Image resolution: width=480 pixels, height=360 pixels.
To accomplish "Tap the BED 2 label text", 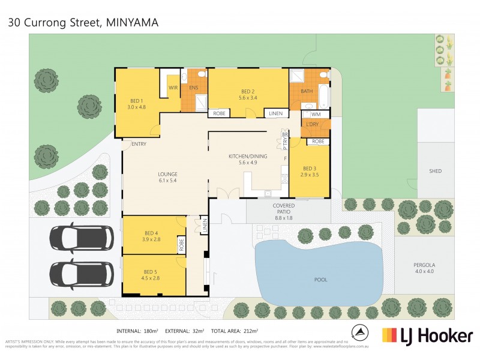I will point(248,94).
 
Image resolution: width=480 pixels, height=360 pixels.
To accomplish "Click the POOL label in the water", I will point(320,280).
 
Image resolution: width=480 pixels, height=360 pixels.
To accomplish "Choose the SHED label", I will point(435,171).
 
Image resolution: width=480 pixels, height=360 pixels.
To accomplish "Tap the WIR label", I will point(173,88).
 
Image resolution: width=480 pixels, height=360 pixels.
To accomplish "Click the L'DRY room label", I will point(312,124).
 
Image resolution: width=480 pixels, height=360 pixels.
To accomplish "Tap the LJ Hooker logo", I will point(427,335).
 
